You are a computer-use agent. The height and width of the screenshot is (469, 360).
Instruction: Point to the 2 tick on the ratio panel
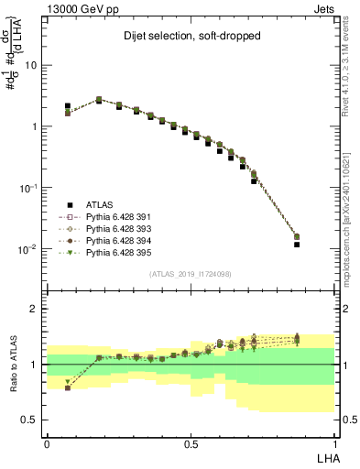[36, 309]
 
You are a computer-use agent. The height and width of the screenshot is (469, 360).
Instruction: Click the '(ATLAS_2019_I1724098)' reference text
[191, 274]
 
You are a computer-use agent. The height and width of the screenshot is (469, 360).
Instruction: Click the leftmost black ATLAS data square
[68, 106]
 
